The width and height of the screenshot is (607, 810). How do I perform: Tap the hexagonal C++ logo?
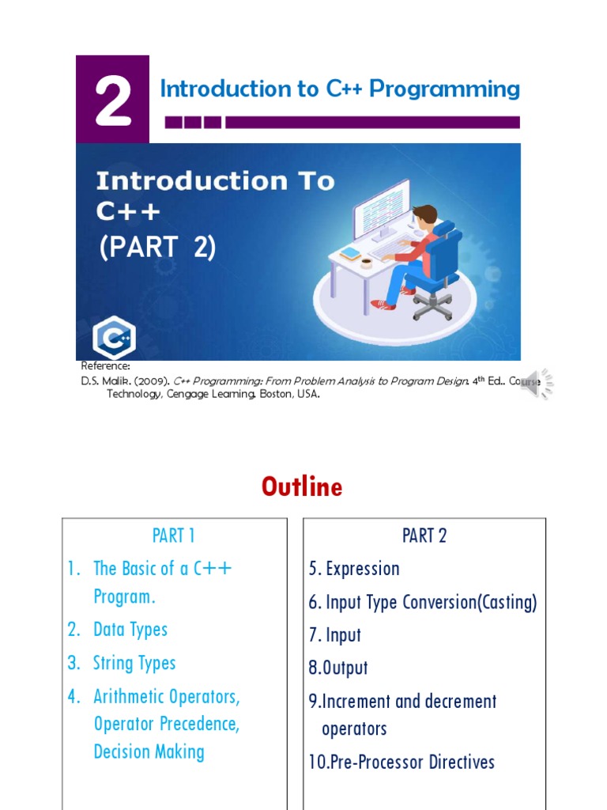click(114, 338)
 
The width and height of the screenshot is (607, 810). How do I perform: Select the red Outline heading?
click(302, 486)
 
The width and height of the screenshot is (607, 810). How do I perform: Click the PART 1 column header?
click(174, 536)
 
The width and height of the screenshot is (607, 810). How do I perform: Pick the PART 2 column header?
click(424, 536)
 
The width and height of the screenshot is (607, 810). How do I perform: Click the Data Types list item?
click(130, 630)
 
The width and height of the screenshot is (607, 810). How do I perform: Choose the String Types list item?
click(134, 663)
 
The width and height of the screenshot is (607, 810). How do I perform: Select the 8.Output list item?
click(338, 668)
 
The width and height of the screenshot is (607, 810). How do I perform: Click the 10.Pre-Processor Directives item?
click(402, 763)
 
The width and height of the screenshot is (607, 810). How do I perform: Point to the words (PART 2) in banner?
click(156, 248)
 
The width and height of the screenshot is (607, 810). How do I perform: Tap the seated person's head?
click(424, 217)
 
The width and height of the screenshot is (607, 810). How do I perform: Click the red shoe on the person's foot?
click(383, 305)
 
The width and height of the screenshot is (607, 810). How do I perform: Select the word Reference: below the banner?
click(106, 366)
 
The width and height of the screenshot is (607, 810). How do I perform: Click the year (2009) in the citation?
click(151, 380)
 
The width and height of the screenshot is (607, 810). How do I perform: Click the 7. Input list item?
click(335, 634)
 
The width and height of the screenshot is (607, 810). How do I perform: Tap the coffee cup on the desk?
click(366, 262)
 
